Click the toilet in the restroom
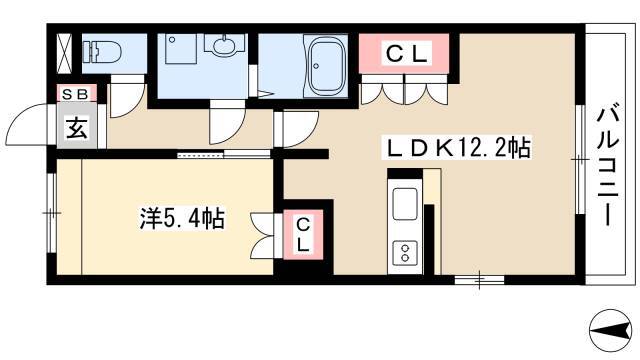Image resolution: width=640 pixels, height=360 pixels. click(102, 52)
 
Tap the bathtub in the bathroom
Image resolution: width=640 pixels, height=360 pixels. click(325, 65)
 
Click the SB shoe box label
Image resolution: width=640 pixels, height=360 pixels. click(77, 94)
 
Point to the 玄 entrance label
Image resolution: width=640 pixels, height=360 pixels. click(77, 129)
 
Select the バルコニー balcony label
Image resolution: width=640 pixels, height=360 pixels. click(608, 167)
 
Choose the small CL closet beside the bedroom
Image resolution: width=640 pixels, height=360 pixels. click(303, 234)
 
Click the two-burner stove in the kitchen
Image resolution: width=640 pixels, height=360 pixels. click(405, 253)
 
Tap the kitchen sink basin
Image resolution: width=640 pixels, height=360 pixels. click(405, 204)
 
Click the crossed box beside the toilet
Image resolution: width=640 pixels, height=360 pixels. click(64, 54)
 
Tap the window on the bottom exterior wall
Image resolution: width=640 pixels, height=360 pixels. click(479, 280)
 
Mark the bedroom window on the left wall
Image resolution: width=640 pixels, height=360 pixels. click(51, 213)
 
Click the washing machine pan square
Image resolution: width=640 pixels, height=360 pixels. click(181, 49)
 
